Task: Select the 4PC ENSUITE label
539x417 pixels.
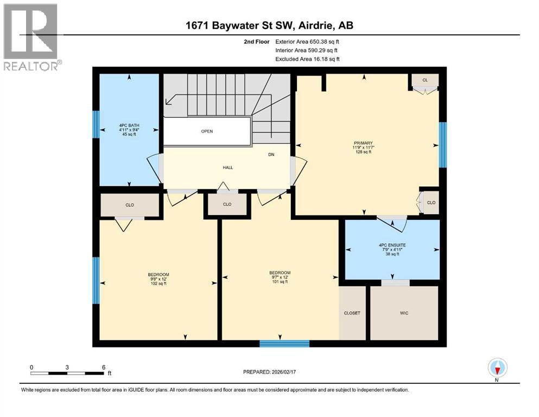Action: (x=392, y=245)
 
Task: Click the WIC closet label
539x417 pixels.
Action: (x=403, y=313)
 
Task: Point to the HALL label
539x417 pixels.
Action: (x=227, y=167)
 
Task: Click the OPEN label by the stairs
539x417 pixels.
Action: (x=206, y=131)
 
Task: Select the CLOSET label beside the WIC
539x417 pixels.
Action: (x=352, y=313)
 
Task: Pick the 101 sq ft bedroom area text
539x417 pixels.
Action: (x=280, y=281)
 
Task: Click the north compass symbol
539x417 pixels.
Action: (x=497, y=368)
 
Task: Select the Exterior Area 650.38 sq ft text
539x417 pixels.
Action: (x=308, y=41)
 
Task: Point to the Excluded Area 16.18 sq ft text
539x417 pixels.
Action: (x=308, y=59)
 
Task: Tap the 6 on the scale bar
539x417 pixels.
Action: (x=103, y=367)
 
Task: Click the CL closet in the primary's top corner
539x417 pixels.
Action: (x=425, y=80)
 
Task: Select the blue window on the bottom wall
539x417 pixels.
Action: (x=284, y=343)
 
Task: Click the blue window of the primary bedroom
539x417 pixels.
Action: (x=442, y=144)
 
